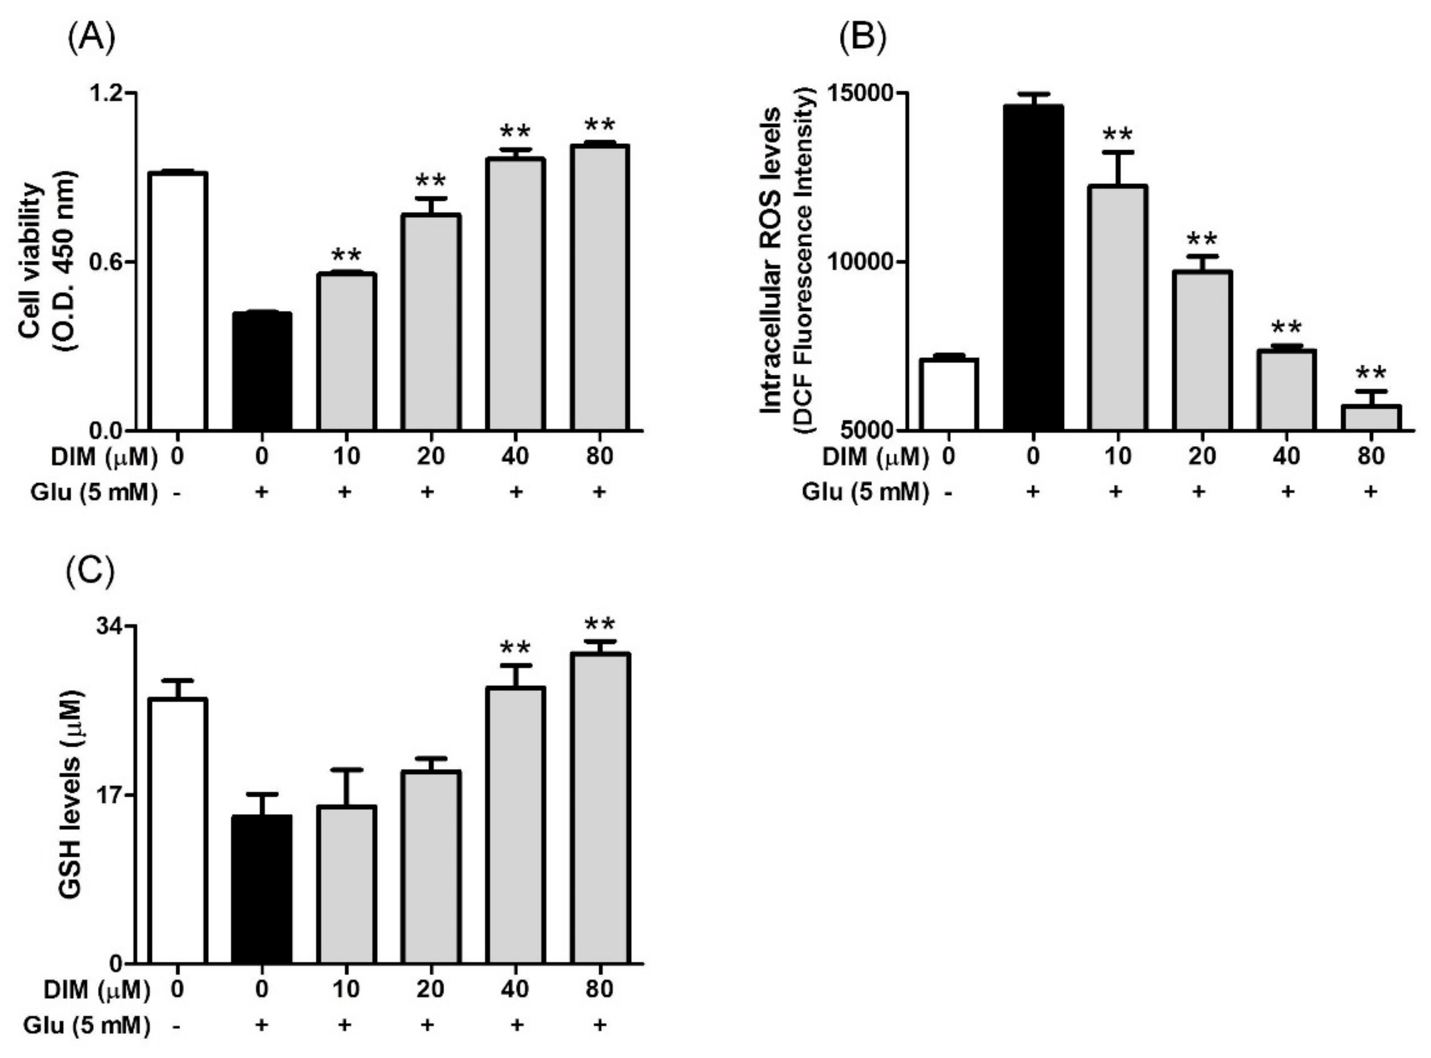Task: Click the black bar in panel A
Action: pyautogui.click(x=262, y=371)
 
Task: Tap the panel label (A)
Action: pyautogui.click(x=92, y=39)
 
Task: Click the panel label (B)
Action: pyautogui.click(x=863, y=39)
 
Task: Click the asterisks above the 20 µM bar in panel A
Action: pyautogui.click(x=430, y=181)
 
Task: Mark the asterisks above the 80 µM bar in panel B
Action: pyautogui.click(x=1371, y=373)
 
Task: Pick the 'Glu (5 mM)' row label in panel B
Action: pyautogui.click(x=865, y=492)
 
